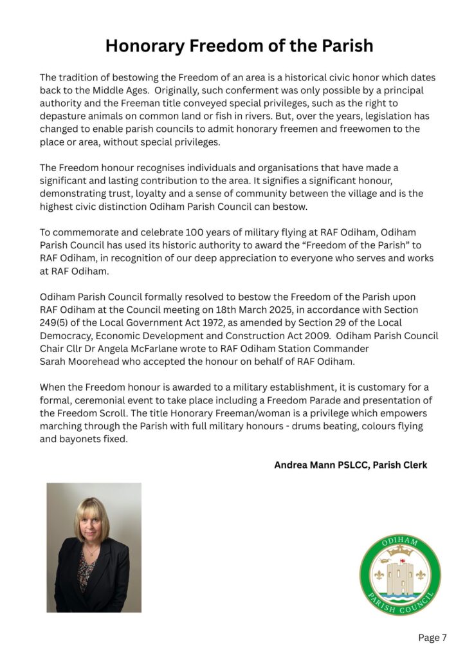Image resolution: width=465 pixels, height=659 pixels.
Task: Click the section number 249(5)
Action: [x=59, y=322]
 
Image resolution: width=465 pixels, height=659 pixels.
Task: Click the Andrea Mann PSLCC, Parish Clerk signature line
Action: [x=351, y=465]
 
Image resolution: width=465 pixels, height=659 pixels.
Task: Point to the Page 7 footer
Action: [x=432, y=638]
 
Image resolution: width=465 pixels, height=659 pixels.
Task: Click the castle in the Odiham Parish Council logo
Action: [x=400, y=577]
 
